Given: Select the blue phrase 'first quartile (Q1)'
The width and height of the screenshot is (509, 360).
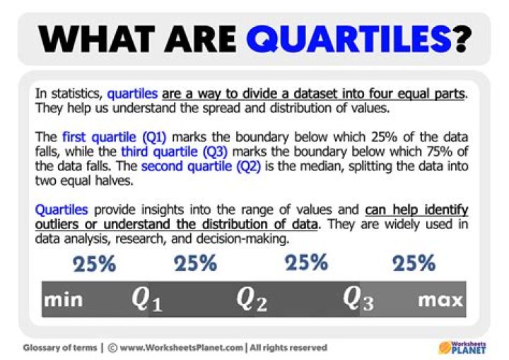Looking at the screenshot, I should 114,137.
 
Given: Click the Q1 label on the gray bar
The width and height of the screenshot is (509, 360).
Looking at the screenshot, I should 147,300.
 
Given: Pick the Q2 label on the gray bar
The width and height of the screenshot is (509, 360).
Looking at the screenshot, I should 252,300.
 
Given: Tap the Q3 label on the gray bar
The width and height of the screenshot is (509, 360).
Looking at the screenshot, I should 358,300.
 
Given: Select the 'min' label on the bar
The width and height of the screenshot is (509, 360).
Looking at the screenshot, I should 64,300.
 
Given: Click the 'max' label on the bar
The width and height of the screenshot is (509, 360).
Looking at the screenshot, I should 440,300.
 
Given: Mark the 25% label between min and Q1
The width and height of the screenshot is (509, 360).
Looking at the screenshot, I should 94,265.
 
